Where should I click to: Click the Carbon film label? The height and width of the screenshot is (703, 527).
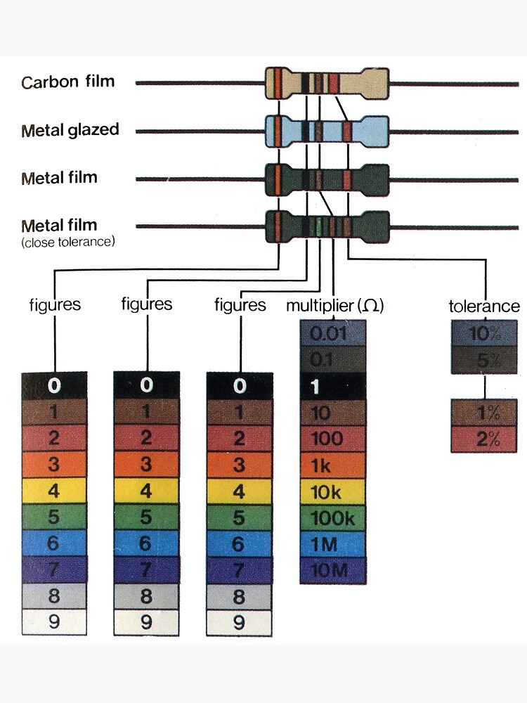point(67,82)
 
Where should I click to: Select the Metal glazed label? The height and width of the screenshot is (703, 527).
point(70,130)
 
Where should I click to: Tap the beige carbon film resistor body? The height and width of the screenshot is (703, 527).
point(327,82)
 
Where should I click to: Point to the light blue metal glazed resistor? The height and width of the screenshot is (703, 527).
point(327,131)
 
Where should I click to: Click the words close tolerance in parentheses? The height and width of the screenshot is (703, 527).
point(68,242)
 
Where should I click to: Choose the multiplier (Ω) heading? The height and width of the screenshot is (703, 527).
point(335,306)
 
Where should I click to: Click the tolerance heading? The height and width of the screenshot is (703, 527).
point(484,307)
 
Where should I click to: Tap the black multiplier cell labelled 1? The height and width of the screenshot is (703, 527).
point(333,386)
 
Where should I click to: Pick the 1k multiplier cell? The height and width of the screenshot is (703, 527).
point(333,465)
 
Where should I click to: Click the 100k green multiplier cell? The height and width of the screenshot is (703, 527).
point(333,518)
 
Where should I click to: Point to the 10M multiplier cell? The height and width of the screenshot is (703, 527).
point(333,570)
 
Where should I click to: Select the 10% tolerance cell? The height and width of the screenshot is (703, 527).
point(485,333)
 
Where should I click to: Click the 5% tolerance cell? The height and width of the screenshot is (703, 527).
point(485,359)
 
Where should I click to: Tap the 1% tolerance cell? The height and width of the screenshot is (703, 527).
point(485,413)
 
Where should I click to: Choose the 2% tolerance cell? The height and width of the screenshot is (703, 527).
point(485,439)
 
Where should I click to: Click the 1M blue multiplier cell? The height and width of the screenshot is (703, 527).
point(333,544)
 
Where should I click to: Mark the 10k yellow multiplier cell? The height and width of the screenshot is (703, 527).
point(333,491)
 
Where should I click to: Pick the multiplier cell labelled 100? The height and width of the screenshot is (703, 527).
point(333,439)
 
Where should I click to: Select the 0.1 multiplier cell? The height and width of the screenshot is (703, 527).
point(333,359)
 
